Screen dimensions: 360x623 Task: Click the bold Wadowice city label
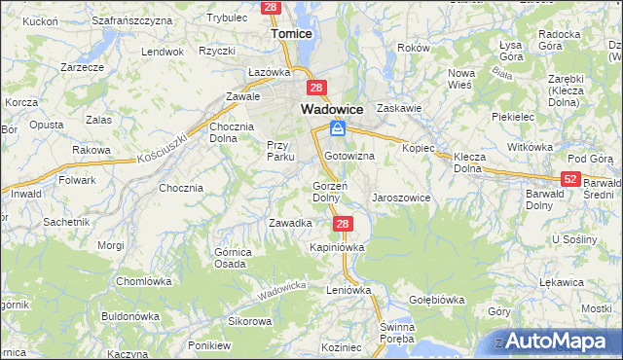coord(332,110)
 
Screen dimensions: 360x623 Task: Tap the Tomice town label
coord(291,33)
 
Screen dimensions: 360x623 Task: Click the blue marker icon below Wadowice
coord(337,129)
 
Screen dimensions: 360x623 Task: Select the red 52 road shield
coord(571,179)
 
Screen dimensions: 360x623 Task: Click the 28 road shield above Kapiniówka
coord(342,224)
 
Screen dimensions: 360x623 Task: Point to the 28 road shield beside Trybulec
coord(272,7)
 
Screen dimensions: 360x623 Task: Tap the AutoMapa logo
coord(558,341)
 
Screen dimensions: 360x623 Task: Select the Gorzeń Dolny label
coord(325,192)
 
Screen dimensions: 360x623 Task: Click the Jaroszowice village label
coord(401,198)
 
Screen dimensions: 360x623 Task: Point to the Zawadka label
coord(289,223)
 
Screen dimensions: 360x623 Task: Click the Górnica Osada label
coord(230,258)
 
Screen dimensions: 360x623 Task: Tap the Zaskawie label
coord(398,109)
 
